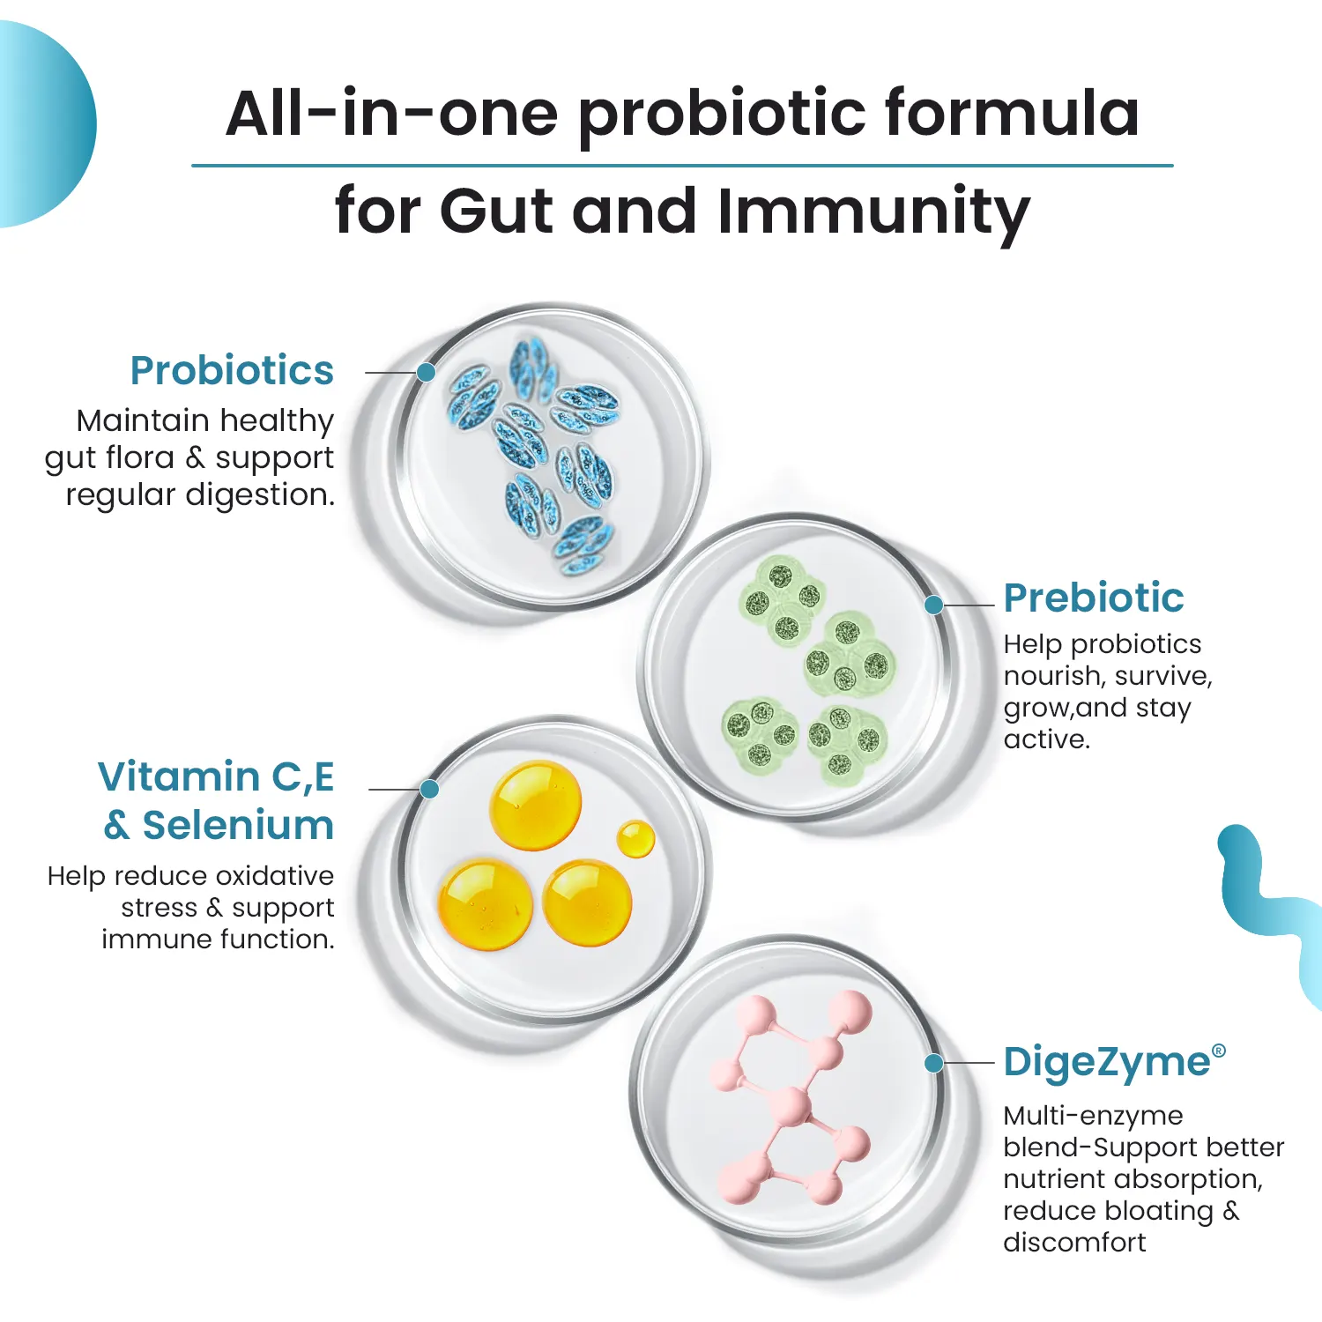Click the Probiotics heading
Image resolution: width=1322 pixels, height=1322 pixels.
232,371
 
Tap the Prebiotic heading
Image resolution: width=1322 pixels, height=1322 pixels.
1093,598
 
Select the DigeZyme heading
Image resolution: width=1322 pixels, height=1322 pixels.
1107,1063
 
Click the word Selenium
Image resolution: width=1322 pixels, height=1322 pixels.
238,826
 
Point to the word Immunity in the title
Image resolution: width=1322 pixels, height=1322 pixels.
873,212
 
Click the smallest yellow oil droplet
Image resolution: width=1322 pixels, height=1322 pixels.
635,838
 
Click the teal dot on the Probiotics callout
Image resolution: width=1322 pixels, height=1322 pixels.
427,372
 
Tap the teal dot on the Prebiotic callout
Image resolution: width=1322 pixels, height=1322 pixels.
934,605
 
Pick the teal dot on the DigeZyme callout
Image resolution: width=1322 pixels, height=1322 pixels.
934,1064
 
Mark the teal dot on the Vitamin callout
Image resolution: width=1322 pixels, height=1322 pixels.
430,789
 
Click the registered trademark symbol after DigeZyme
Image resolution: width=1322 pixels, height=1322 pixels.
1219,1051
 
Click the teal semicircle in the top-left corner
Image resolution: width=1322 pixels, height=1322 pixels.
44,123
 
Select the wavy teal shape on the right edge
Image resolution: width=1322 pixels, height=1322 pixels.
1269,908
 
